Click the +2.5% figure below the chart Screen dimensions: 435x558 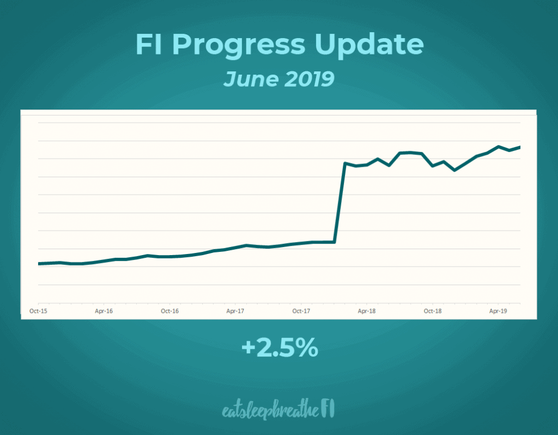click(279, 348)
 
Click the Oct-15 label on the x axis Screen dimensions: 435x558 click(38, 311)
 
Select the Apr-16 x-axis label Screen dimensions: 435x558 click(104, 311)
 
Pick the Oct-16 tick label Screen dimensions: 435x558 click(170, 311)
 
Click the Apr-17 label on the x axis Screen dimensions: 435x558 click(235, 311)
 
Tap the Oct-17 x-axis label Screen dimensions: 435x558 click(301, 311)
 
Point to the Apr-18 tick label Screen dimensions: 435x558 click(367, 311)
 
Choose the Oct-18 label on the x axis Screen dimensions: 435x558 click(433, 311)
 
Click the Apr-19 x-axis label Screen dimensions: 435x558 click(498, 311)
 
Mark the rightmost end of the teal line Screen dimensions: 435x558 click(520, 147)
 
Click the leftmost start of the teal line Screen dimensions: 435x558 click(39, 264)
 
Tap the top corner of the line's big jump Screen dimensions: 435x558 click(345, 163)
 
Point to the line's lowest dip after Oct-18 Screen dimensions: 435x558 click(454, 170)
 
